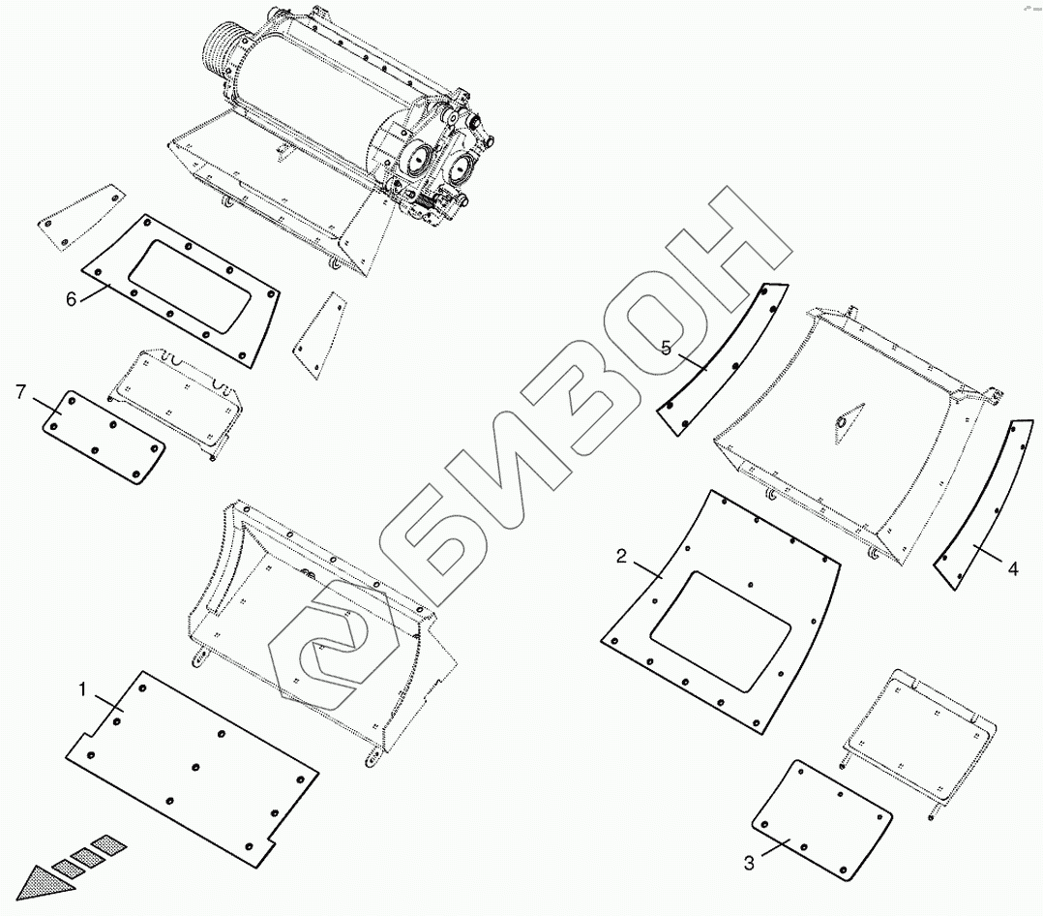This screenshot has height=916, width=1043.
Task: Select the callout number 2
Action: [622, 556]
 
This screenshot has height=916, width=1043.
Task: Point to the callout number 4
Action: [1012, 569]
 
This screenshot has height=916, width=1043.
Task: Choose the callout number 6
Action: [71, 298]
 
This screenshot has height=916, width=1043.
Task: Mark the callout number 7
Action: [20, 391]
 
